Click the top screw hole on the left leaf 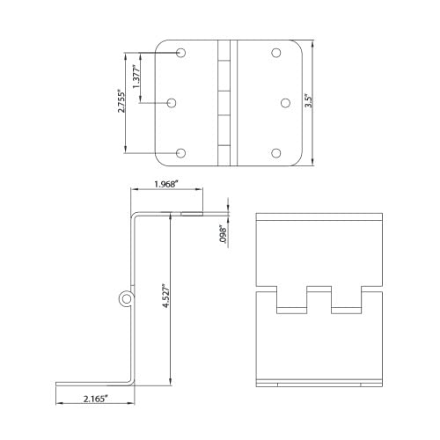click(x=181, y=53)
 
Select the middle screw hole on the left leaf click(x=172, y=103)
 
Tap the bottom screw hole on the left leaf click(x=181, y=154)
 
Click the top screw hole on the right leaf click(x=276, y=53)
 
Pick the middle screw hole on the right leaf click(x=286, y=103)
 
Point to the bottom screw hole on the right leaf click(x=276, y=154)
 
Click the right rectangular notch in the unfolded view click(x=346, y=299)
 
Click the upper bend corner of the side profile click(x=134, y=216)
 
